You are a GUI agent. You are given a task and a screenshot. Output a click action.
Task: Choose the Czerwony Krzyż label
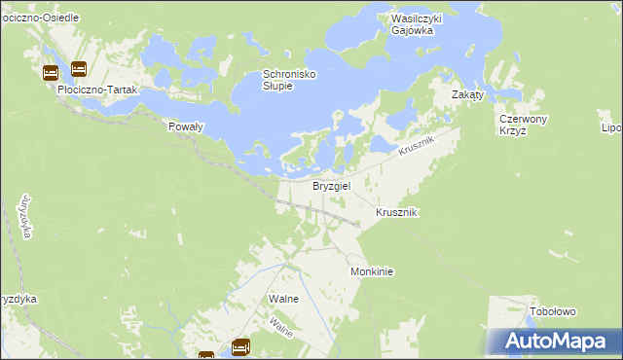(x=524, y=125)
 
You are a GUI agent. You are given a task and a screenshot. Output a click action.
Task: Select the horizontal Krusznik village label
(x=396, y=212)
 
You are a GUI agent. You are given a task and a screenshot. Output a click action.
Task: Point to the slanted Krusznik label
(x=420, y=148)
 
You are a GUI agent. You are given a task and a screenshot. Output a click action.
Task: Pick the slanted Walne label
(x=281, y=326)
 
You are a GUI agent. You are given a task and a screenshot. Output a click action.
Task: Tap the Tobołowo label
(x=553, y=311)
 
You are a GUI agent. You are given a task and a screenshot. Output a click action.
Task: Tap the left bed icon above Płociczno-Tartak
(x=51, y=72)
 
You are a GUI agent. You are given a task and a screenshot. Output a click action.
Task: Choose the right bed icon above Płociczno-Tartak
(x=79, y=68)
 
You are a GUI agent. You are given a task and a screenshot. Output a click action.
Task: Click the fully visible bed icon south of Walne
(x=241, y=345)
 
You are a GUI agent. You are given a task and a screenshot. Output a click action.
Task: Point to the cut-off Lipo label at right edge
(x=612, y=127)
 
